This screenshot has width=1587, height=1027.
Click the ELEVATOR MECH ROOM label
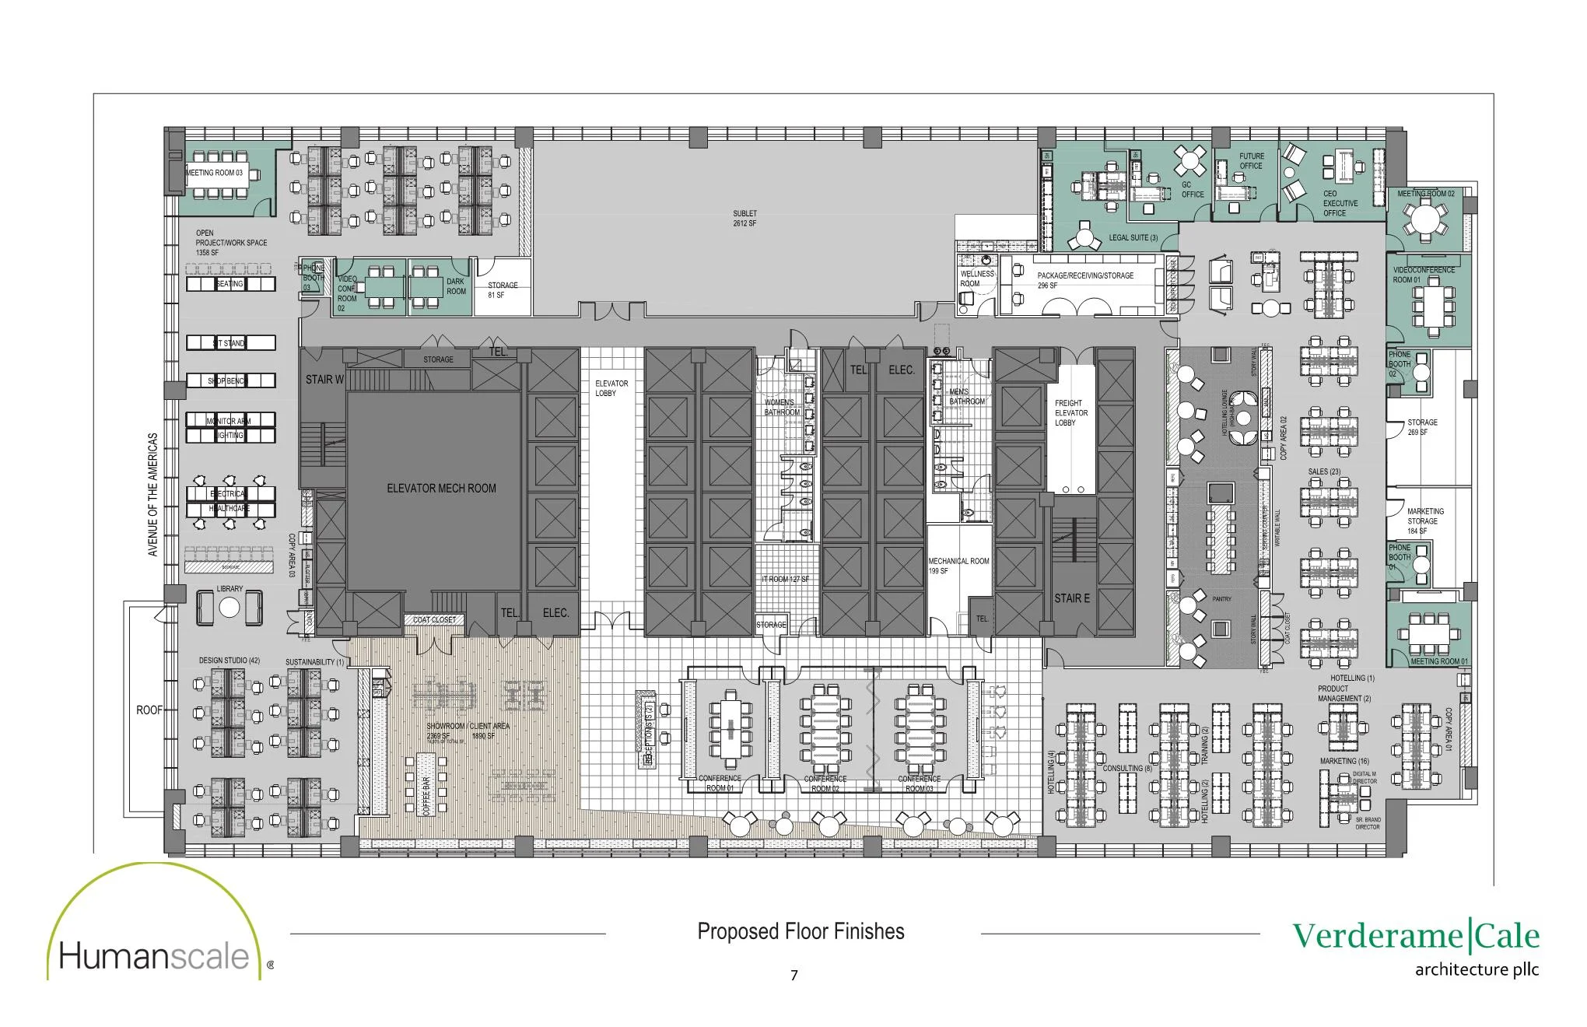[441, 489]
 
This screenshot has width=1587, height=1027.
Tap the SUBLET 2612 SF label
[744, 219]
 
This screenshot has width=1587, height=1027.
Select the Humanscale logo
[156, 955]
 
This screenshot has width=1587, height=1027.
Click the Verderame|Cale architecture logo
[1416, 946]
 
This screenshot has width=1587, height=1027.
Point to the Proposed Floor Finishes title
[801, 931]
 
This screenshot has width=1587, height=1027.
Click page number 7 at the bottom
[793, 976]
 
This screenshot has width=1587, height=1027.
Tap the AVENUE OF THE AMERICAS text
[152, 495]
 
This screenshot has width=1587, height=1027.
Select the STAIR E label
[1071, 598]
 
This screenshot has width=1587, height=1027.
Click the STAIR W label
[324, 380]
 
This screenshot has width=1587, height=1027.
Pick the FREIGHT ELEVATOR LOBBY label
[1070, 413]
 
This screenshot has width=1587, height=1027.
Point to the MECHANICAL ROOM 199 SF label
[958, 566]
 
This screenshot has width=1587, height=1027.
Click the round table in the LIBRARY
[229, 607]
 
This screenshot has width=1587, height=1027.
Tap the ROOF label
[149, 710]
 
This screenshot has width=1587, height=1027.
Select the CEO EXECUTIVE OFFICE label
[1340, 204]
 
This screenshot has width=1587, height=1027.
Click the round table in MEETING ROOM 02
[1425, 219]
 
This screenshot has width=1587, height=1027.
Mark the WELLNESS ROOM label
[976, 279]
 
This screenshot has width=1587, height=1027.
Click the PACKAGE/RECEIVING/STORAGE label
[1084, 280]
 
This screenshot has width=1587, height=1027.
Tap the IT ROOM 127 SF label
[786, 580]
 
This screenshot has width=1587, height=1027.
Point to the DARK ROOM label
[456, 286]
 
